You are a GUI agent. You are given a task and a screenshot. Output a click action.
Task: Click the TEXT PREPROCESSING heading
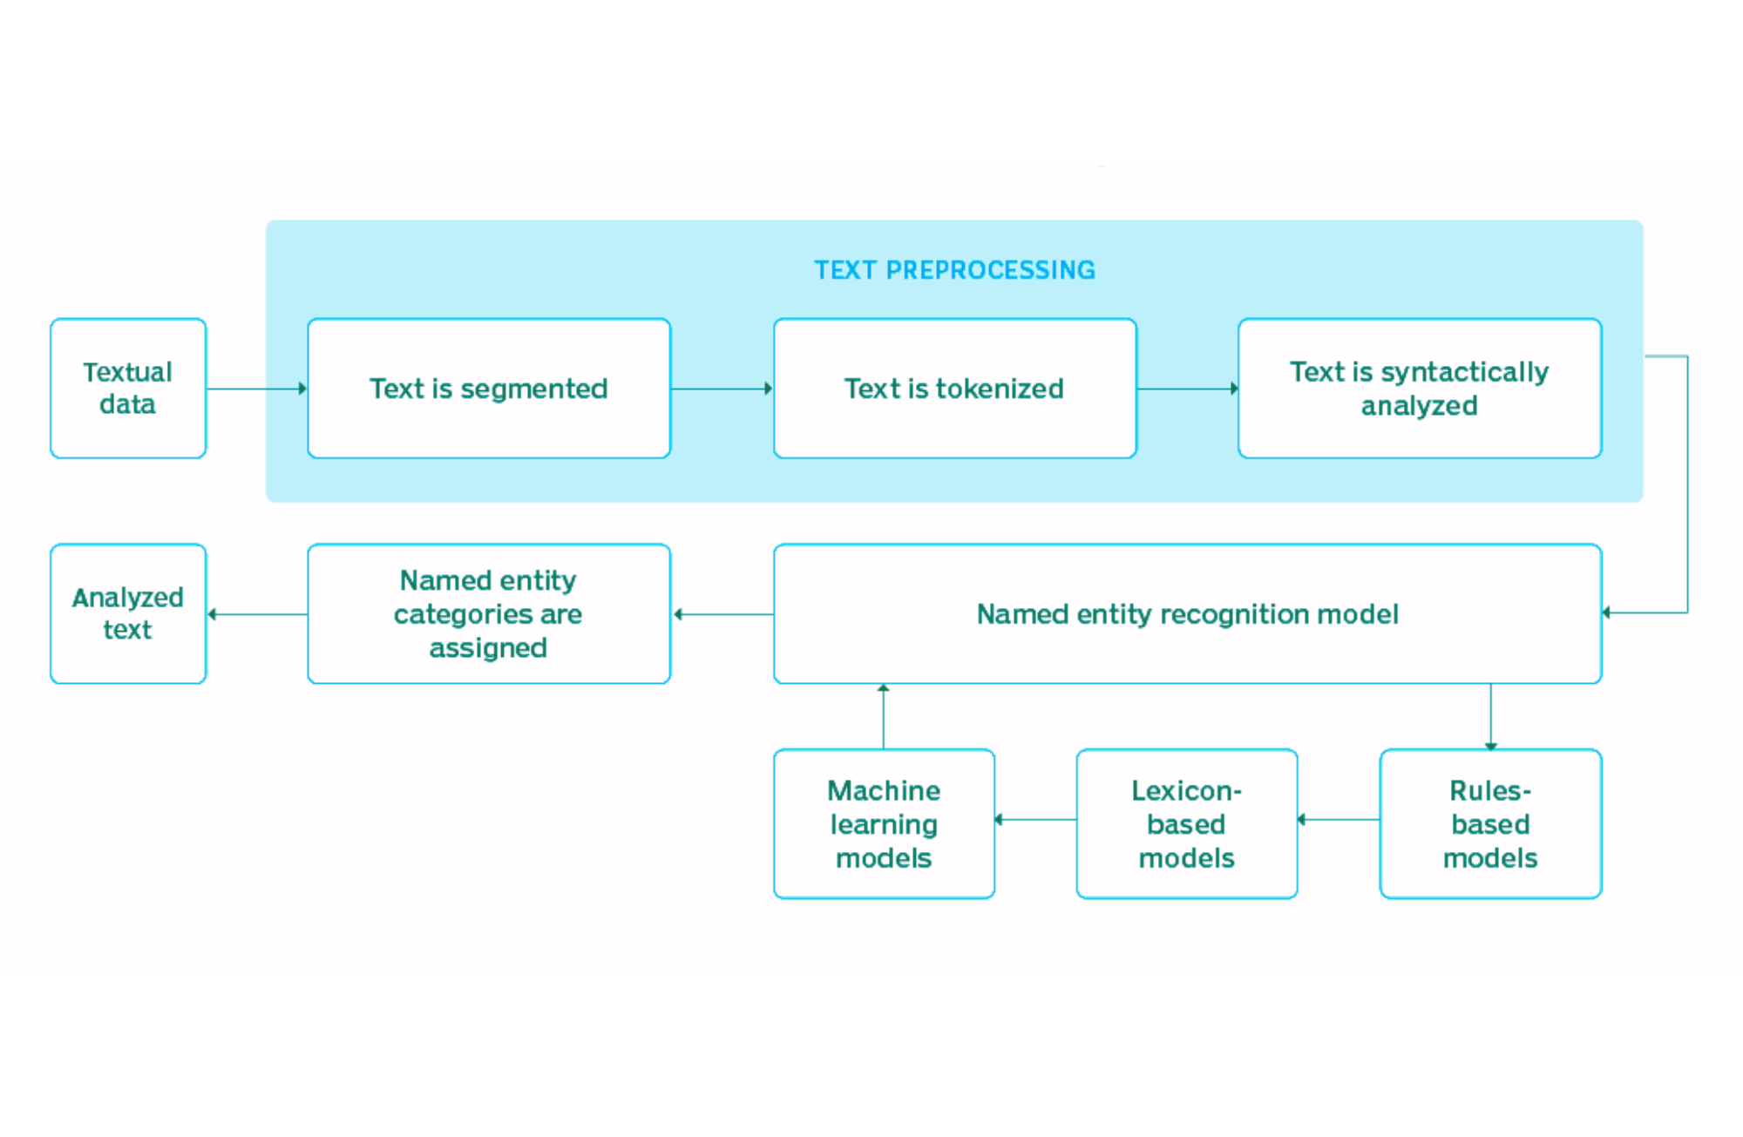point(954,270)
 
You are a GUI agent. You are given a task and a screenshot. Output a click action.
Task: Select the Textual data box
point(128,389)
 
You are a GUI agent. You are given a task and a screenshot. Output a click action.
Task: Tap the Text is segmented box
point(489,389)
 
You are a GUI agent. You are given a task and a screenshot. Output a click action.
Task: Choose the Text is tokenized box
point(954,389)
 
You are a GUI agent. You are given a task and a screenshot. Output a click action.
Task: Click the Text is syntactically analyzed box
point(1419,389)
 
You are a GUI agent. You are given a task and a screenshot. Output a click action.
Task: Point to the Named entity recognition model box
point(1187,614)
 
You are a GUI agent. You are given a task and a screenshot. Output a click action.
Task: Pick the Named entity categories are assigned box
point(489,614)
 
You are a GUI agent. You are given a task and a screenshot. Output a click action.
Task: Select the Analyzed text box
point(128,614)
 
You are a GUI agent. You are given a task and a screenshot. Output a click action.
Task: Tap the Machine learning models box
point(884,824)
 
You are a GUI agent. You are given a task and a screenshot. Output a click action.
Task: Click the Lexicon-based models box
point(1186,824)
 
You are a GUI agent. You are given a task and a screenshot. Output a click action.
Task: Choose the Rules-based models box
point(1490,824)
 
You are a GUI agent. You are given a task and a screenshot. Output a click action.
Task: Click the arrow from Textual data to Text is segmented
point(257,389)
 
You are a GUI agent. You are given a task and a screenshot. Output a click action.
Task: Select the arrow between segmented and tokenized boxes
point(722,389)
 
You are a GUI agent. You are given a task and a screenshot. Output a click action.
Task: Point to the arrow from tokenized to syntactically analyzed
point(1187,389)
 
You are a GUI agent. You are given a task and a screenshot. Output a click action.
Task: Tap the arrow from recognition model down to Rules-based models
point(1490,716)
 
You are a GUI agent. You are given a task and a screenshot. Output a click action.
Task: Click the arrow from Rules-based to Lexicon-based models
point(1339,819)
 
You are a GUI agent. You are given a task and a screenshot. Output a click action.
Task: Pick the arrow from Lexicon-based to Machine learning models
point(1035,819)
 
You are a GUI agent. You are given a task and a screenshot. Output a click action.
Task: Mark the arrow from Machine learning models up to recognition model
point(883,716)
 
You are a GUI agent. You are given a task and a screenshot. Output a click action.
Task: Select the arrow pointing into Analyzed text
point(257,614)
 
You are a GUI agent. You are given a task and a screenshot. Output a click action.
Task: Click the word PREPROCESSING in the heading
point(990,270)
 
